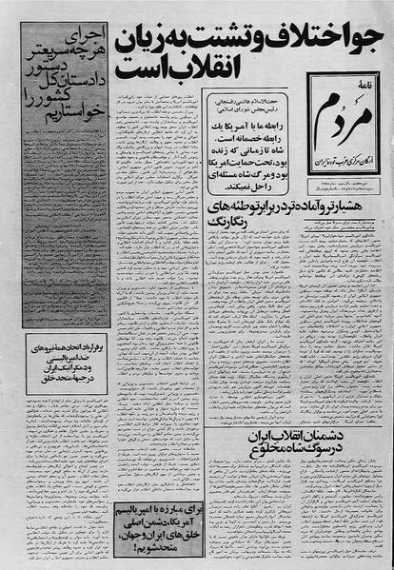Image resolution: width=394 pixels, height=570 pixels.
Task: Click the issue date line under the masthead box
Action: coord(342,204)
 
